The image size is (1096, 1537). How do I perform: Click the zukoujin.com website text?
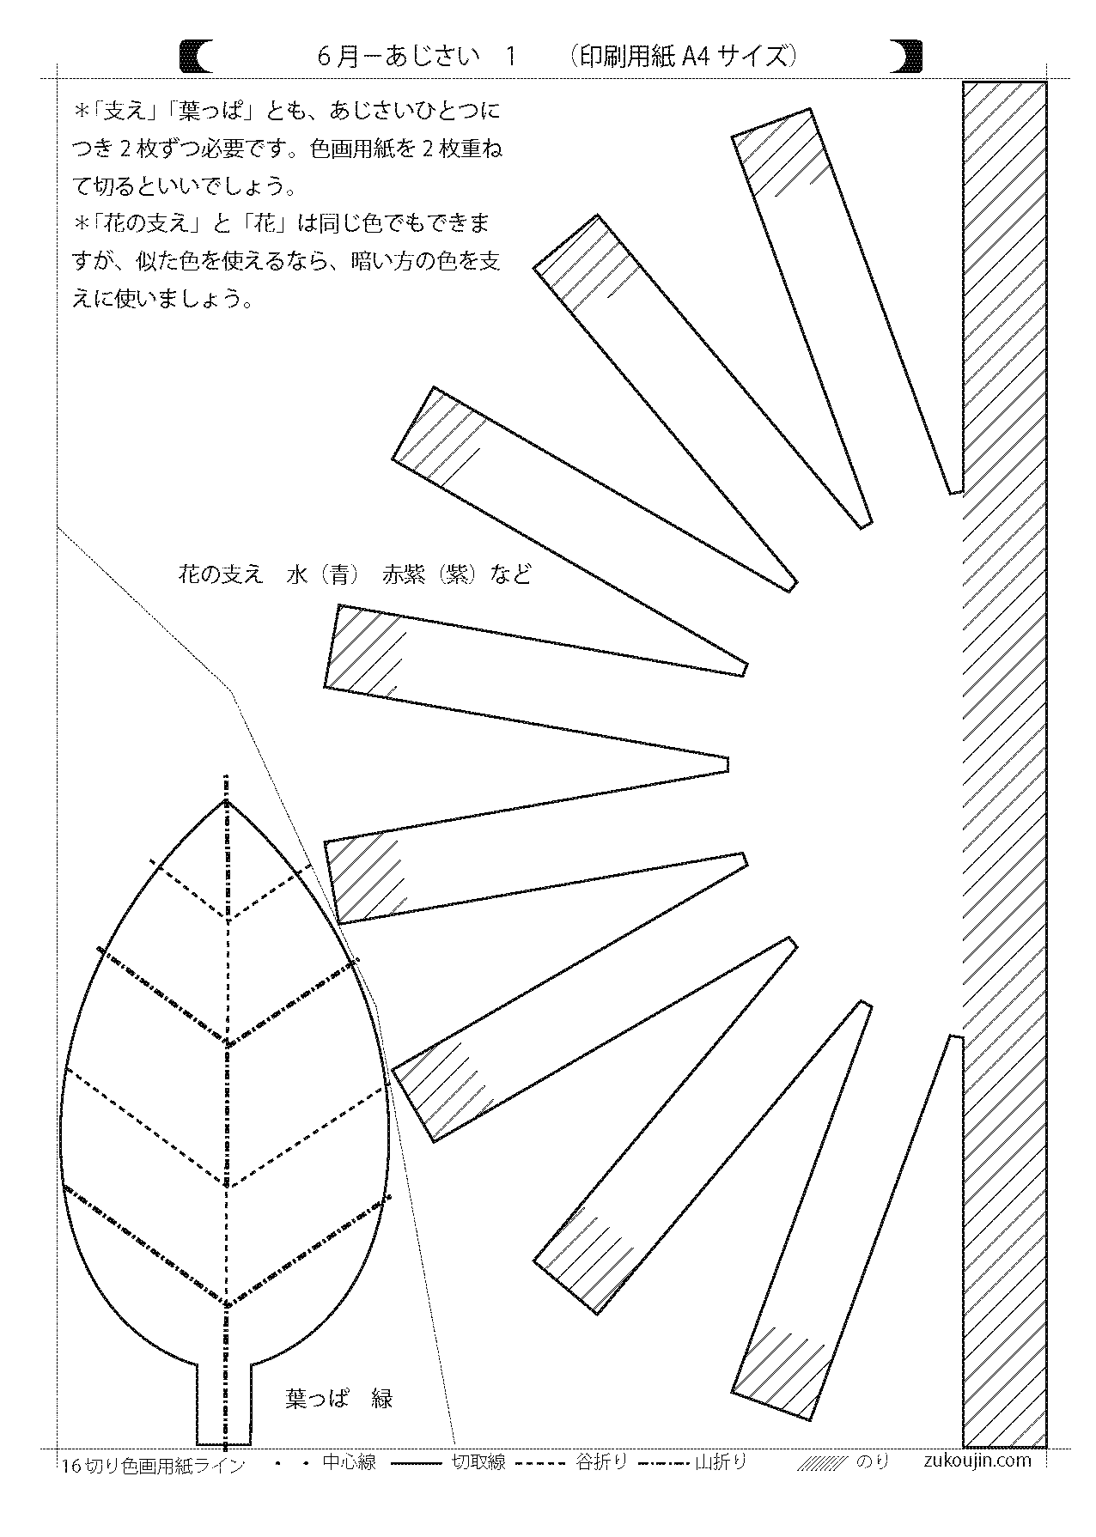coord(978,1460)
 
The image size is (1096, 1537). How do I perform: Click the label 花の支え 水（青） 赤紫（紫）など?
coord(354,574)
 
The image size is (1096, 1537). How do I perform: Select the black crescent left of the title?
coord(196,58)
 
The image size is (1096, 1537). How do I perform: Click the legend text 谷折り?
coord(601,1462)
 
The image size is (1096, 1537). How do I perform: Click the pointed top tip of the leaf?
coord(227,803)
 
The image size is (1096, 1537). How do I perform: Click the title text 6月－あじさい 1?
coord(416,58)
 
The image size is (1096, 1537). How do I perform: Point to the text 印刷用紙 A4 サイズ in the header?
coord(684,58)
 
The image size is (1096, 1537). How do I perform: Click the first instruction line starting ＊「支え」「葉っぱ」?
coord(287,112)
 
